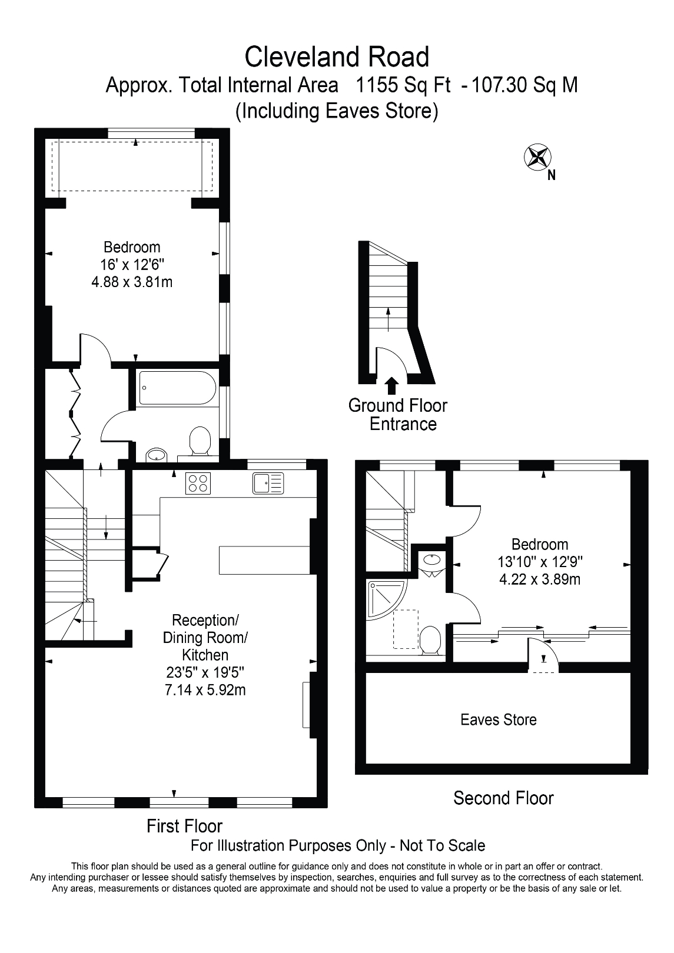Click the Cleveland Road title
point(337,58)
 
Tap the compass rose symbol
point(537,157)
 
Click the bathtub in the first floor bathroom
point(177,388)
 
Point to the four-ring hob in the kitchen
point(198,483)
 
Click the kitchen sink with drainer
point(268,483)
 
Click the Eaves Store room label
point(499,719)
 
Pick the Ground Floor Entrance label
point(398,415)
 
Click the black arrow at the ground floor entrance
point(391,385)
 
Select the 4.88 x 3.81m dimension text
point(132,282)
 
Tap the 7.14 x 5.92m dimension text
point(205,689)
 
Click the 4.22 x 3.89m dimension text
point(540,579)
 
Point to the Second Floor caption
point(503,798)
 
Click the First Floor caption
point(184,826)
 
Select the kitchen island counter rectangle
point(264,559)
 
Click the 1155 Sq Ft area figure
point(403,85)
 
